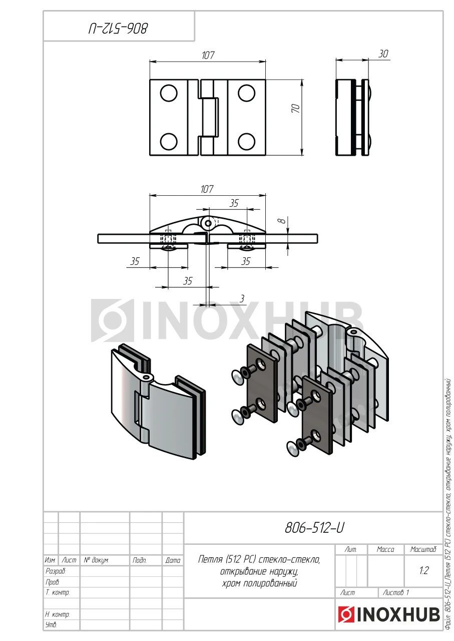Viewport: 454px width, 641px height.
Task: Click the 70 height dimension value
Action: [296, 108]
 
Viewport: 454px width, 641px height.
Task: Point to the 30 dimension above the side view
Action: [383, 54]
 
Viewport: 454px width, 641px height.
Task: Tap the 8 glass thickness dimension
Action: [282, 220]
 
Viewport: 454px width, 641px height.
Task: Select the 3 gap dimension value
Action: [242, 299]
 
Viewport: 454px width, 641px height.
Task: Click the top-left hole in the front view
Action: [169, 93]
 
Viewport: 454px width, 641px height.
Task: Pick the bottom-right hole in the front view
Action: [246, 142]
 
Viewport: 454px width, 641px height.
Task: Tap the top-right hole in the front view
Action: [246, 93]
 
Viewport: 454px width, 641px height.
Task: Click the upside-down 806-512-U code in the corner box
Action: [118, 29]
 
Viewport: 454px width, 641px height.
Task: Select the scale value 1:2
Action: [423, 570]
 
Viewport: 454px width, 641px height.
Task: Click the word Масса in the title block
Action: [385, 549]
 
